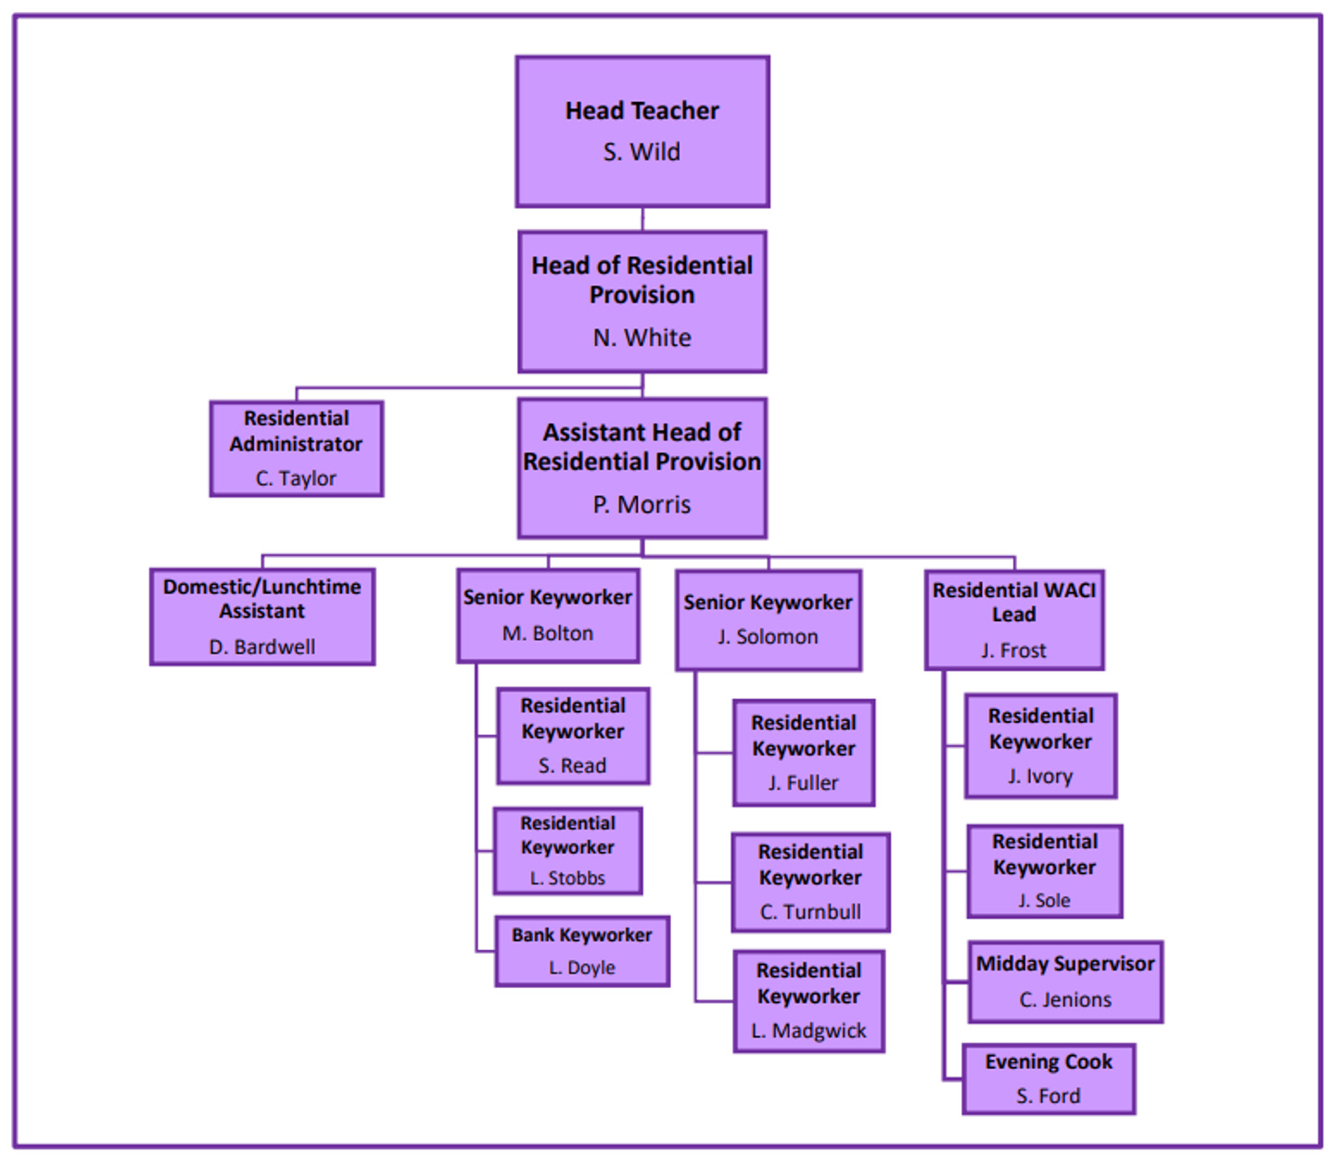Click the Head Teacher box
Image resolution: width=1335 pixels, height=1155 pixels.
(642, 130)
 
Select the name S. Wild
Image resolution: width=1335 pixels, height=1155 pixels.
(642, 152)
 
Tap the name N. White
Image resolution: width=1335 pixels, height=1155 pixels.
(642, 337)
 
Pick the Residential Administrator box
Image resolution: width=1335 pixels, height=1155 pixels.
(296, 448)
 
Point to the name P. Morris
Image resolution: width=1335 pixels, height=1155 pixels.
(642, 504)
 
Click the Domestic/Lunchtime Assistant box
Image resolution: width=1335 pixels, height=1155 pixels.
(262, 616)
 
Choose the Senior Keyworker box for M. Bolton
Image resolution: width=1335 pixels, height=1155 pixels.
(548, 616)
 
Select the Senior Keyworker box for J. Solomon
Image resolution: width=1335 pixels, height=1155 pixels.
(769, 619)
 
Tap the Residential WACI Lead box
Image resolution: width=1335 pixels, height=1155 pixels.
(1014, 619)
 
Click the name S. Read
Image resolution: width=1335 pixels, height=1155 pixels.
(572, 766)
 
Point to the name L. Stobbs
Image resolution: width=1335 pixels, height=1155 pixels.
(567, 878)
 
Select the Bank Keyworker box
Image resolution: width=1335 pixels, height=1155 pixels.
(582, 951)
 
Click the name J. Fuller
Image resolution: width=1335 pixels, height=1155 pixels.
(803, 783)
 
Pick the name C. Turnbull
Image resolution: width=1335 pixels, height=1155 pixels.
(810, 912)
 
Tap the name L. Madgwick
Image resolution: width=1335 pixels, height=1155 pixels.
(808, 1031)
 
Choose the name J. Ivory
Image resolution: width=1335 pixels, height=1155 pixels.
(1040, 777)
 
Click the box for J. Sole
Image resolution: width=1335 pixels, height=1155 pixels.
(1045, 870)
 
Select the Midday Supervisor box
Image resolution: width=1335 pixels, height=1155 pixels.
(1065, 982)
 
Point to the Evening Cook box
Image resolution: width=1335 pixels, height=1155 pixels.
(1049, 1079)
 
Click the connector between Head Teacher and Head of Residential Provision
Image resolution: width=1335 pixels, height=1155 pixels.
(642, 219)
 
